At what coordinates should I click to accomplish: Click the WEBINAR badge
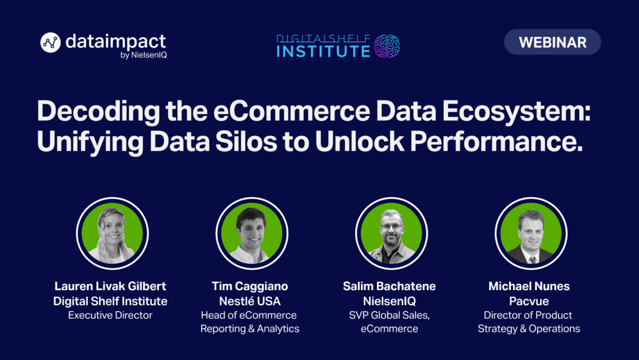(552, 42)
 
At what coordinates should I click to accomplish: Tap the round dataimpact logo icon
(51, 42)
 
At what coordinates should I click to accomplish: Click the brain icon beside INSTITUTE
(387, 46)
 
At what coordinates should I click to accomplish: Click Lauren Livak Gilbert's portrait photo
(112, 233)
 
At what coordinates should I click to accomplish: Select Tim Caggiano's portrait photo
(252, 233)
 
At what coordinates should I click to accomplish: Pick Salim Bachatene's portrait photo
(391, 233)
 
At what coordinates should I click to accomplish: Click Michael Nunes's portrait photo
(531, 233)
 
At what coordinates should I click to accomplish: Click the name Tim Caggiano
(250, 286)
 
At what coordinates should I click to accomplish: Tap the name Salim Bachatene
(389, 286)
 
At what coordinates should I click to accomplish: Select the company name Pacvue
(529, 301)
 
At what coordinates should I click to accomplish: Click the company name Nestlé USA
(250, 301)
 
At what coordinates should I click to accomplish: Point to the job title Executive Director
(110, 315)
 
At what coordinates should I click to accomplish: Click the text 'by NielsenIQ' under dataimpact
(144, 55)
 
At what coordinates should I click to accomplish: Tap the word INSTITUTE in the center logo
(323, 51)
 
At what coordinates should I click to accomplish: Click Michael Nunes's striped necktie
(532, 260)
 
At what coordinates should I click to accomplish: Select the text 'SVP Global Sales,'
(389, 315)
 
